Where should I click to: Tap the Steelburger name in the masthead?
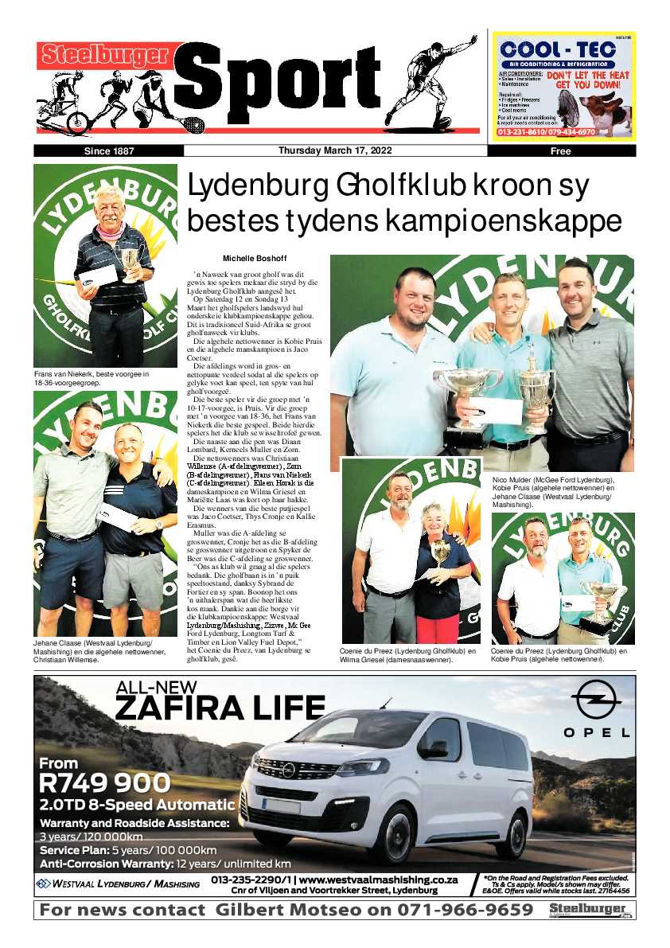[x=104, y=55]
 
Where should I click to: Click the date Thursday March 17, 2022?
[x=334, y=150]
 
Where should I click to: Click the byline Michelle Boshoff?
[x=254, y=259]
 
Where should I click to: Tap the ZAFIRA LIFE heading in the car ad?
[x=220, y=705]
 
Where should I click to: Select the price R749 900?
[x=104, y=782]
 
